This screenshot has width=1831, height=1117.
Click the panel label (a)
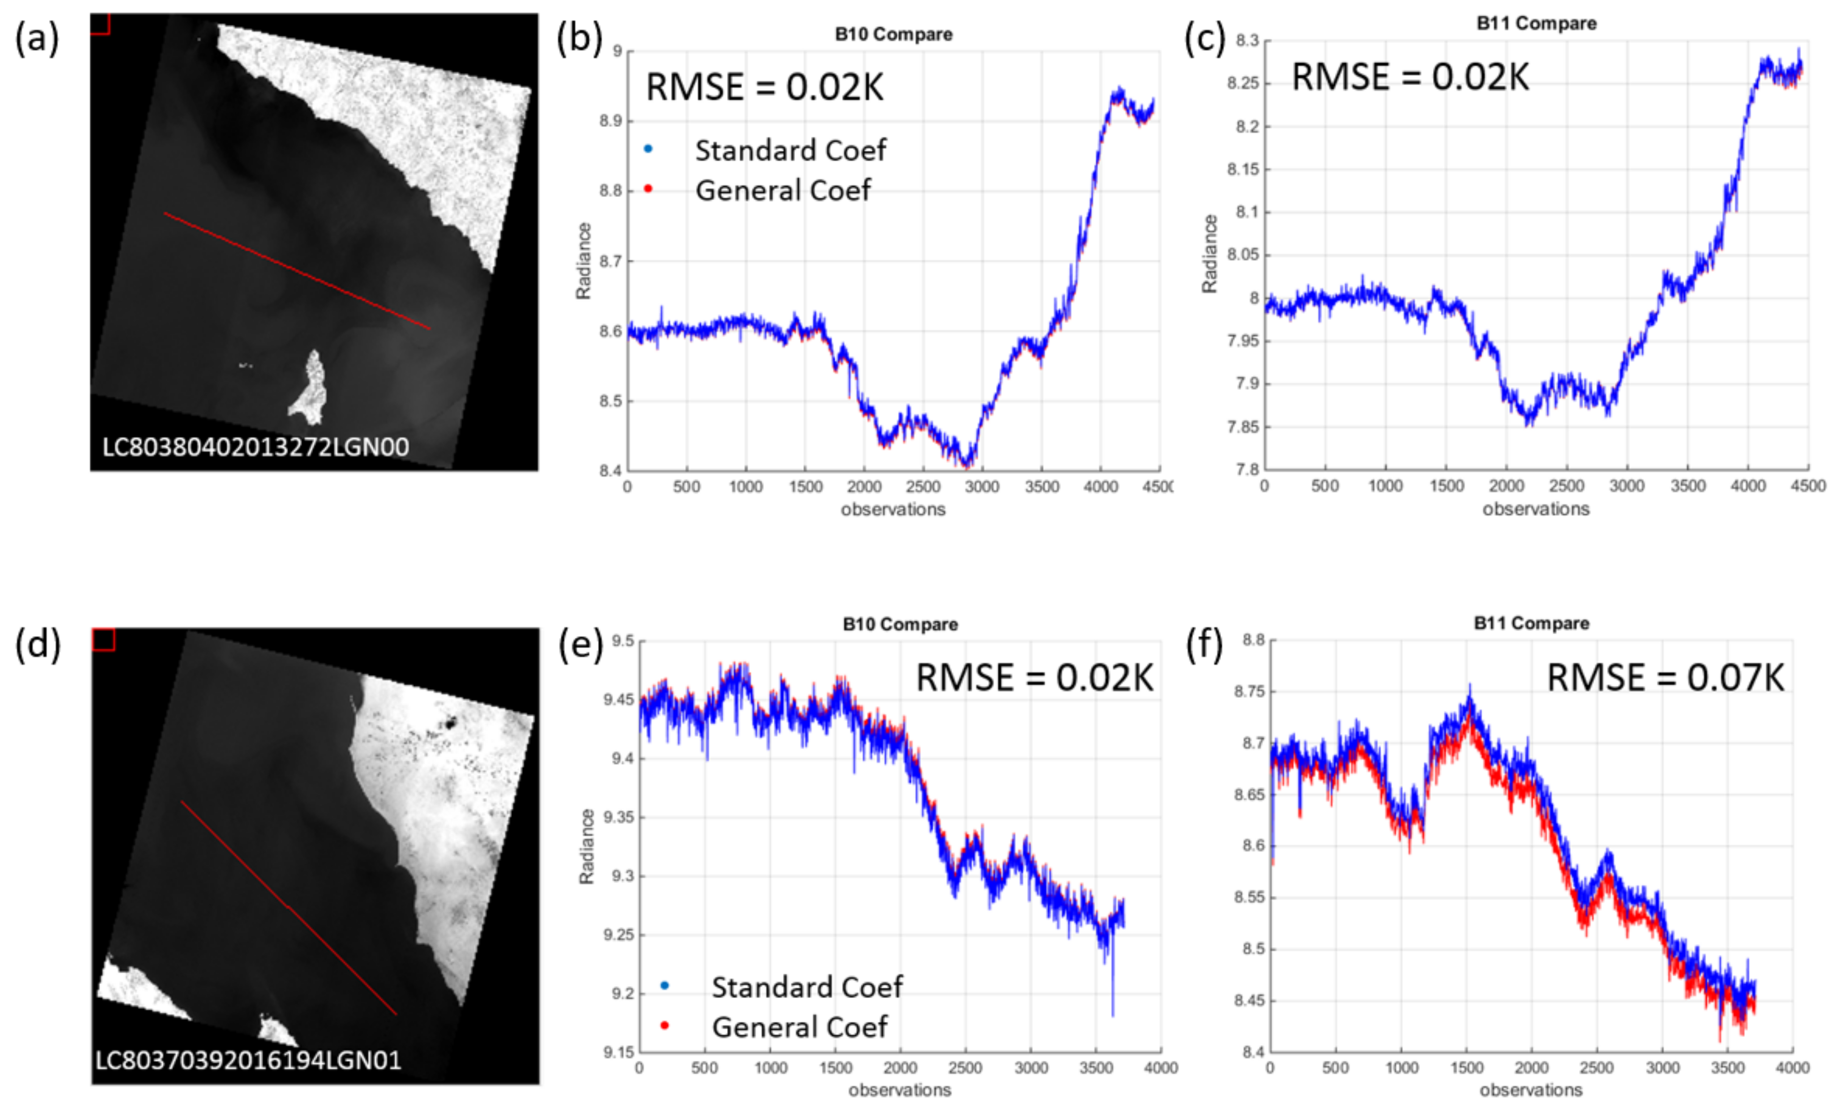pos(37,39)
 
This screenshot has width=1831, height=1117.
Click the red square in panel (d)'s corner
pos(104,640)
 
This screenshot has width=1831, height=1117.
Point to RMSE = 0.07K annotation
pos(1664,678)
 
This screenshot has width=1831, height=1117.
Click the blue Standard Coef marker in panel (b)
pos(648,149)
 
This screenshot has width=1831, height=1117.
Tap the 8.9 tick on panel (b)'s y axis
pos(611,121)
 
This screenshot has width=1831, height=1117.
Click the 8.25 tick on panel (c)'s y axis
pos(1243,83)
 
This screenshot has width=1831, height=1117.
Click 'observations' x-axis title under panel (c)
pos(1535,509)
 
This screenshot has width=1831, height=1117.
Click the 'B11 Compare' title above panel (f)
pos(1531,624)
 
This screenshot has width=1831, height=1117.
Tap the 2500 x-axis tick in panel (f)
pos(1596,1068)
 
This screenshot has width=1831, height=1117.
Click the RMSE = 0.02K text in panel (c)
pos(1410,77)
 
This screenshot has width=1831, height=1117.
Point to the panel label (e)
pos(580,644)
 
